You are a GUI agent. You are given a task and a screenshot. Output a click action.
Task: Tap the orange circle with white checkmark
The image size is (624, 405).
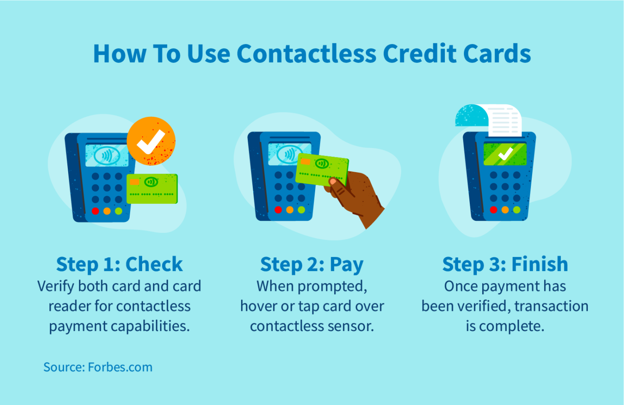[151, 141]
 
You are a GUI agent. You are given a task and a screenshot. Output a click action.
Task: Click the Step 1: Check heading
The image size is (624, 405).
[119, 264]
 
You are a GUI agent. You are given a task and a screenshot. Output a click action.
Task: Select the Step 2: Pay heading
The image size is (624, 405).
[312, 264]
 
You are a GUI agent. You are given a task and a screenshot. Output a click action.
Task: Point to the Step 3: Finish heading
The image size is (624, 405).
[505, 264]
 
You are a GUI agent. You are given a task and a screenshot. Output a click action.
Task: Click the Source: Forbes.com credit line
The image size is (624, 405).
[98, 367]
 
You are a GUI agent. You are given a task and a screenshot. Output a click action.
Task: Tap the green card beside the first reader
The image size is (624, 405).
[152, 189]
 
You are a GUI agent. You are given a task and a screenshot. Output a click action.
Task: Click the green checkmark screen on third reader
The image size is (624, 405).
[505, 154]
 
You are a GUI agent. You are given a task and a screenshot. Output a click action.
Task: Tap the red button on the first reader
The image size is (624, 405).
[95, 211]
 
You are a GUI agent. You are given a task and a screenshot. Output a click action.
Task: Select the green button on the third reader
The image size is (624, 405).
[517, 210]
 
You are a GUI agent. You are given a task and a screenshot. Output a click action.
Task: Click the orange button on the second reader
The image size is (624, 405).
[290, 210]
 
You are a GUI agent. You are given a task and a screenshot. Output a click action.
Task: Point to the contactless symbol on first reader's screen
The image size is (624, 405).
[107, 156]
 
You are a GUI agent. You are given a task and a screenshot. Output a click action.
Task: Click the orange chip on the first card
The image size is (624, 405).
[135, 182]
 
